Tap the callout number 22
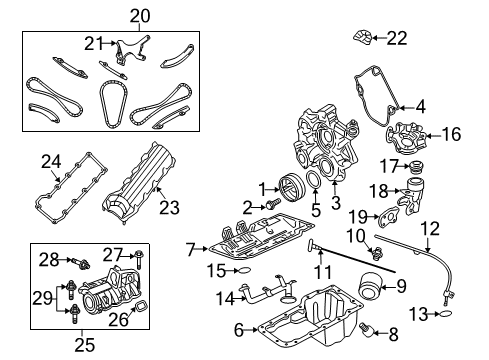[398, 38]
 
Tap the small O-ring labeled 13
[447, 314]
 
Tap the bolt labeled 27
[138, 262]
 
